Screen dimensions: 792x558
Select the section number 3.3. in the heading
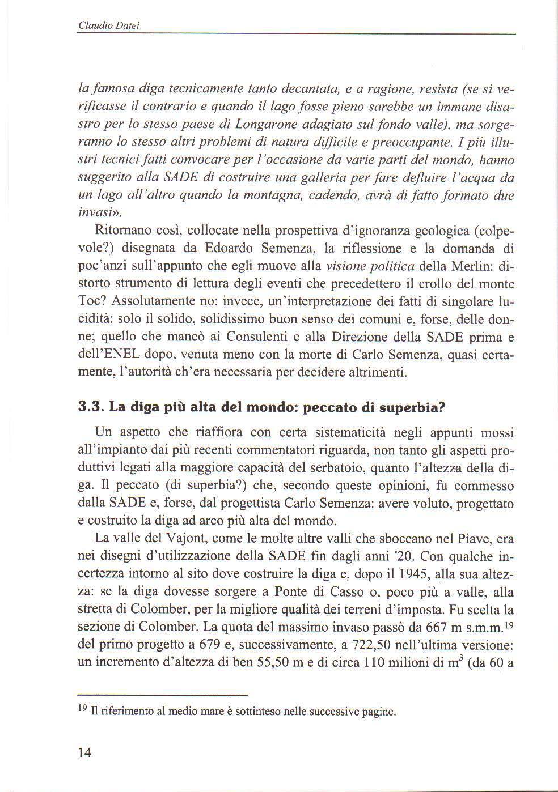point(91,407)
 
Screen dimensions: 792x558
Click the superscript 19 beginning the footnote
point(83,708)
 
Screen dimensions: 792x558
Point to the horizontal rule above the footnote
point(163,695)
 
